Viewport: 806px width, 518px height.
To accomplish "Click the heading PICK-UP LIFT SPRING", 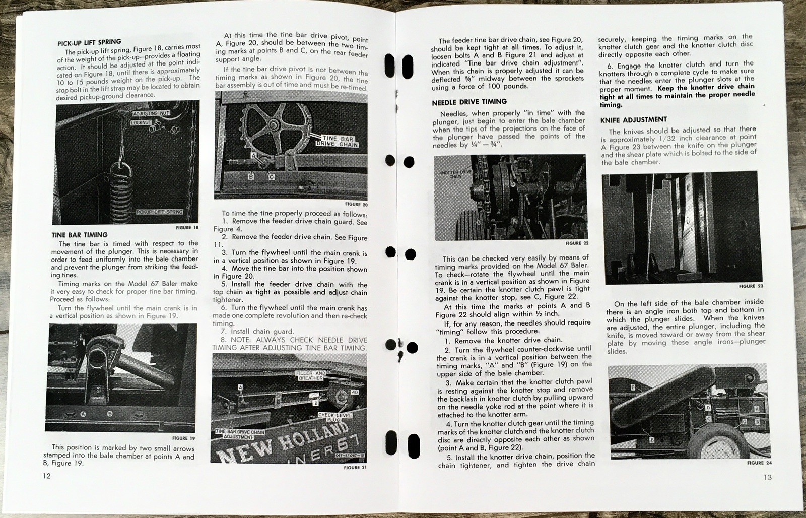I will click(x=89, y=42).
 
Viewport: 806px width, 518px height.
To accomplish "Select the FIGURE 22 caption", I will click(x=577, y=243).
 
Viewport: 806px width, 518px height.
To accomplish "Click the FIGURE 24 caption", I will click(x=760, y=463).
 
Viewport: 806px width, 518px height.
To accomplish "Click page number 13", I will click(x=767, y=477).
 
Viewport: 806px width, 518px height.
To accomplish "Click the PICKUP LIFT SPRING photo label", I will click(x=159, y=212).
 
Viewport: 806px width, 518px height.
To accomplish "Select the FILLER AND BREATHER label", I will click(x=311, y=375).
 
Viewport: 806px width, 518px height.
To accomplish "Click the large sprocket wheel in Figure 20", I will click(x=275, y=125).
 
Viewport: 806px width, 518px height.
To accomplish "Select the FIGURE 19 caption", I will click(x=183, y=438).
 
